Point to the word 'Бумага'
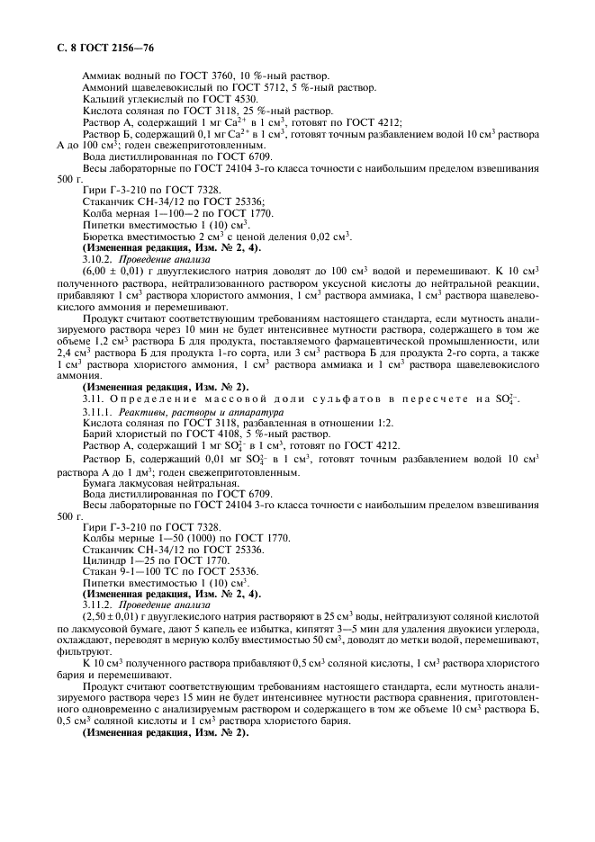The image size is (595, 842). click(102, 484)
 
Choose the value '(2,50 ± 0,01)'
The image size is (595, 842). click(113, 617)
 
